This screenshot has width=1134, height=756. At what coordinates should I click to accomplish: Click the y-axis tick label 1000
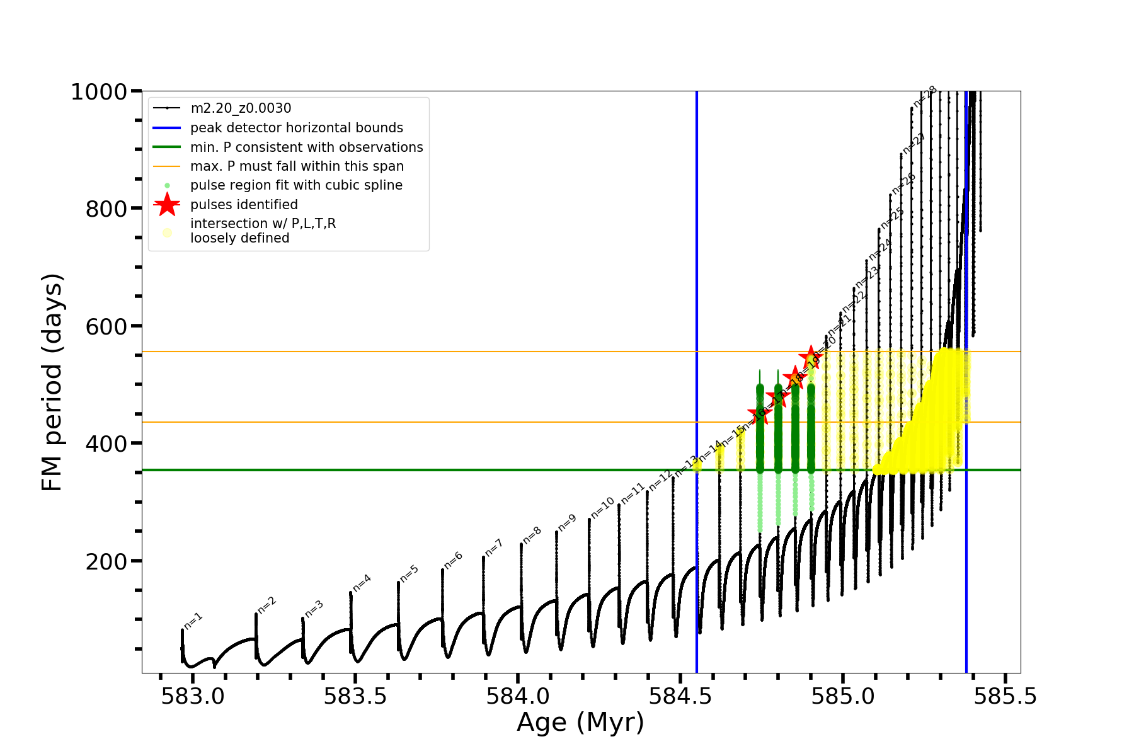[99, 93]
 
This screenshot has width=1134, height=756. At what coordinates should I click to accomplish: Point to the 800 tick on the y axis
[106, 209]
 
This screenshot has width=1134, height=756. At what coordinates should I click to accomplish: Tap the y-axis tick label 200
[106, 561]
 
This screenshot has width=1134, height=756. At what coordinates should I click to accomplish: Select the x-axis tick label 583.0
[193, 697]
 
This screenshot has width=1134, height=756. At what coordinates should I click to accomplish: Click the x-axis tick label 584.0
[518, 697]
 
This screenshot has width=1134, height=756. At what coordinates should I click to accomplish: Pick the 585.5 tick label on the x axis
[1005, 697]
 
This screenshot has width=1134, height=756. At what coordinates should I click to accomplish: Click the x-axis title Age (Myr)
[580, 723]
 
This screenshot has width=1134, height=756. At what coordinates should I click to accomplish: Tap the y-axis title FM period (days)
[52, 382]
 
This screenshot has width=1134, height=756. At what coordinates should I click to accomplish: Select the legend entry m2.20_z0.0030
[241, 108]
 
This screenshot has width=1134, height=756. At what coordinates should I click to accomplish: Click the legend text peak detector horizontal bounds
[296, 128]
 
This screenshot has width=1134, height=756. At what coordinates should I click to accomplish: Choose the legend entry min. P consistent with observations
[306, 147]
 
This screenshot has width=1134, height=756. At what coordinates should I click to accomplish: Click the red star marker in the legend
[167, 204]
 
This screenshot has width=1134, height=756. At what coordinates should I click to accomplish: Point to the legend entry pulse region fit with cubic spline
[296, 185]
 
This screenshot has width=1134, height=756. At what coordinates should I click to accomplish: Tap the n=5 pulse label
[409, 573]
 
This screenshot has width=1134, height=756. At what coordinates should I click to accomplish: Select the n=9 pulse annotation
[567, 522]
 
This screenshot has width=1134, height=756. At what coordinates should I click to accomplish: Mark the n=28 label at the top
[925, 96]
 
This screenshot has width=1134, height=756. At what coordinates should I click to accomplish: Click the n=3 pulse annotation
[314, 609]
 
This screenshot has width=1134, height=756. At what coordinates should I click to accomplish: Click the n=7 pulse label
[494, 547]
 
